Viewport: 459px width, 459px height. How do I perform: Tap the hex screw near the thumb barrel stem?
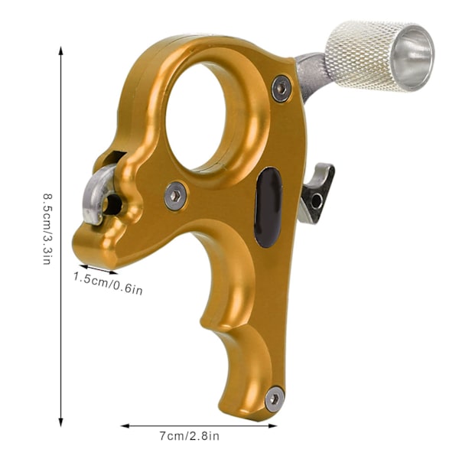pos(282,89)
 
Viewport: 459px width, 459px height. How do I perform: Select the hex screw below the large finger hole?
pos(175,196)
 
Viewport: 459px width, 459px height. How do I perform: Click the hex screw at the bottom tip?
pos(275,399)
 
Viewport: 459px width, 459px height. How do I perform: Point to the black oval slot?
pos(268,207)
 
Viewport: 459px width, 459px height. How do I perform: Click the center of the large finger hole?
pos(196,117)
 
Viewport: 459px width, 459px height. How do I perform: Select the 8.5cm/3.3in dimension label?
pos(47,229)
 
